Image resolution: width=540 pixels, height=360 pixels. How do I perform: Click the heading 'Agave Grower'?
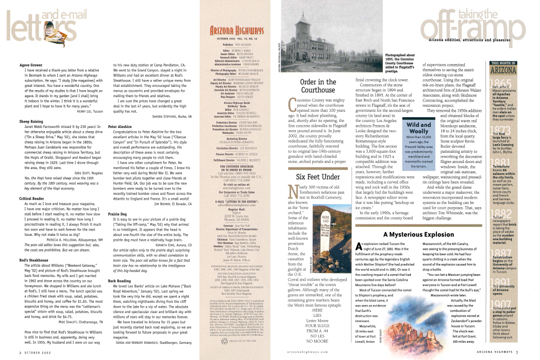31,65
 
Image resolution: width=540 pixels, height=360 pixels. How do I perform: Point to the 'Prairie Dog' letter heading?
118,213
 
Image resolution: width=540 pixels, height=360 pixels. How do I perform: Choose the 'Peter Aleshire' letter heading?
120,126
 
